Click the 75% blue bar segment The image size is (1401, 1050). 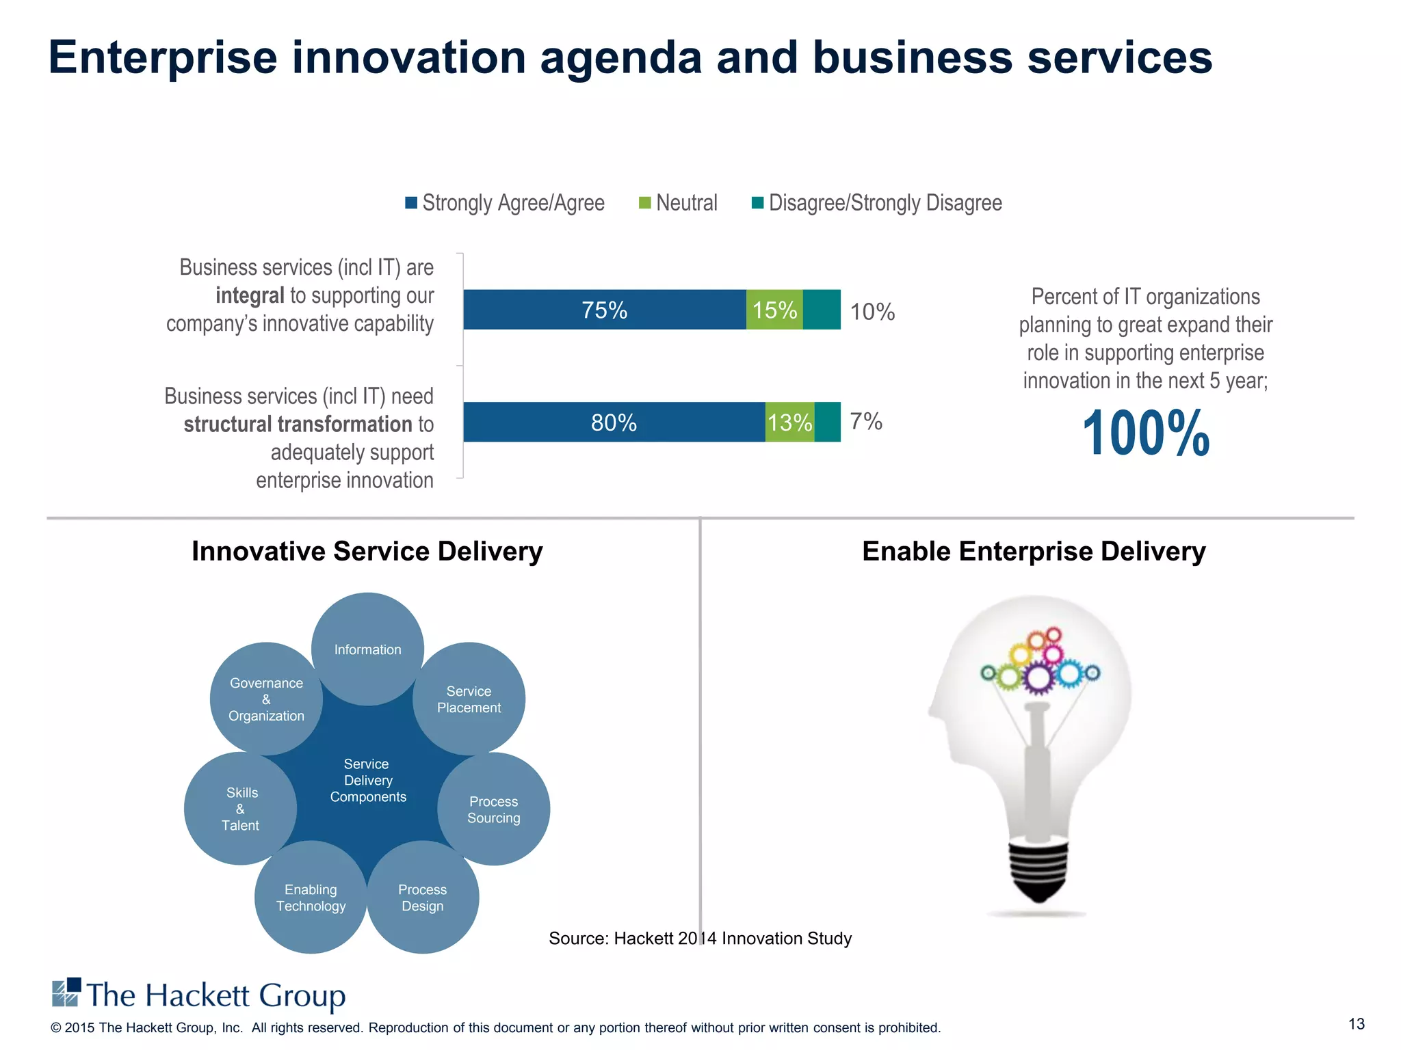[604, 310]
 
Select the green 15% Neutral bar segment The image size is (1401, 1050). [774, 310]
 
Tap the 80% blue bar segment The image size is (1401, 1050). [614, 422]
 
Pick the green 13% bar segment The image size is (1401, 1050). [789, 422]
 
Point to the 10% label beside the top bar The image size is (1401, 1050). [872, 312]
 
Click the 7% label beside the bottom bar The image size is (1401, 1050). [865, 421]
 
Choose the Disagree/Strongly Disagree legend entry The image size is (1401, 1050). [876, 203]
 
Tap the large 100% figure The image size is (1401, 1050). [1146, 433]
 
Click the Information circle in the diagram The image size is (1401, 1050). [367, 649]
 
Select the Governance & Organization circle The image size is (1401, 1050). [266, 699]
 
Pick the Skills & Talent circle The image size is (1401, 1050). [241, 809]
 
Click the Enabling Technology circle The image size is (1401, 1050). [311, 898]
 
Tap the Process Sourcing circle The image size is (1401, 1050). [493, 809]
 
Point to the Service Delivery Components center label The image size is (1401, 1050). [367, 780]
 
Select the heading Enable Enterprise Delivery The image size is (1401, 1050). [1033, 551]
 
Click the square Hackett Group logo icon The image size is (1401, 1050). [66, 993]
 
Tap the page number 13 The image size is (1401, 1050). [1356, 1023]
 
